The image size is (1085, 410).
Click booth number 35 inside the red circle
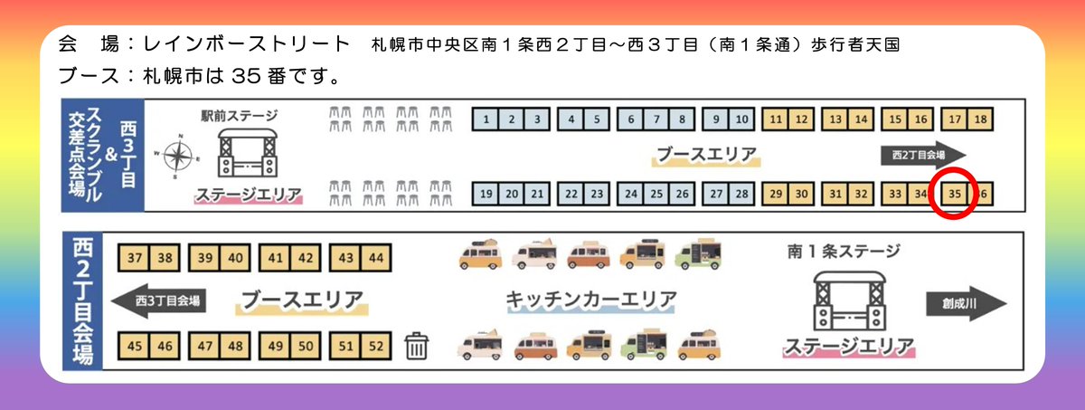point(956,194)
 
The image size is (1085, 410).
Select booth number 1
point(486,119)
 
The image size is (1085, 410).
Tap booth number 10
point(741,119)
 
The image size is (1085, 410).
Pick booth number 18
point(981,119)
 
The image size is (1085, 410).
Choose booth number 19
point(486,194)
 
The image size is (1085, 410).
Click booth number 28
point(741,194)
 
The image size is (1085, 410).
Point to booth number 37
point(135,259)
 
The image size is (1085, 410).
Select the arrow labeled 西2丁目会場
point(922,154)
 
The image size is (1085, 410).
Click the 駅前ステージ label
point(239,116)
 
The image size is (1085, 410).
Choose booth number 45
point(135,345)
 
